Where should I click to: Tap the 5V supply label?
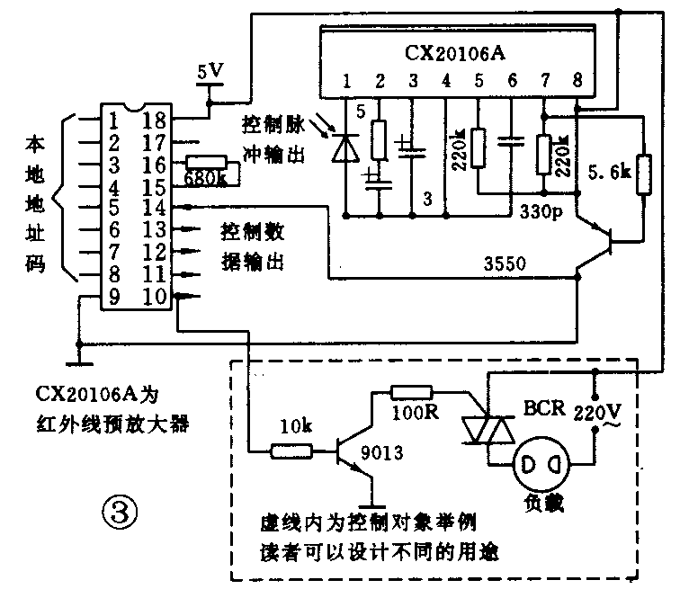click(211, 70)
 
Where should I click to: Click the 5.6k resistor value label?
click(607, 172)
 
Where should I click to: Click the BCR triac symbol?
click(487, 431)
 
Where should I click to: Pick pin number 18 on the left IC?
click(155, 120)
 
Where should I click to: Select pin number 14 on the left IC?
click(155, 208)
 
